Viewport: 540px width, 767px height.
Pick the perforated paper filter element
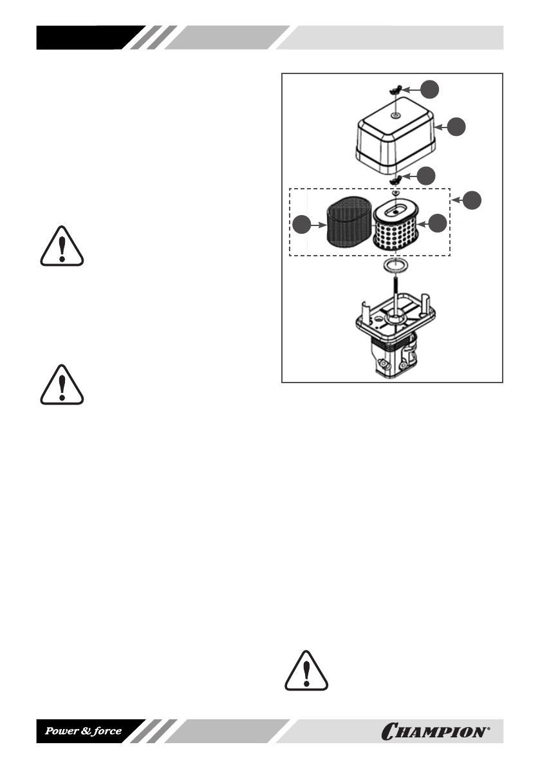coord(395,230)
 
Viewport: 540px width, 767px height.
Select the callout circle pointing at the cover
coord(458,127)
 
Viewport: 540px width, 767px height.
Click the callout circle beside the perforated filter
coord(438,223)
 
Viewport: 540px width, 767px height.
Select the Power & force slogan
coord(83,732)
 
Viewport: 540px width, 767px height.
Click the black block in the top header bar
coord(87,37)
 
